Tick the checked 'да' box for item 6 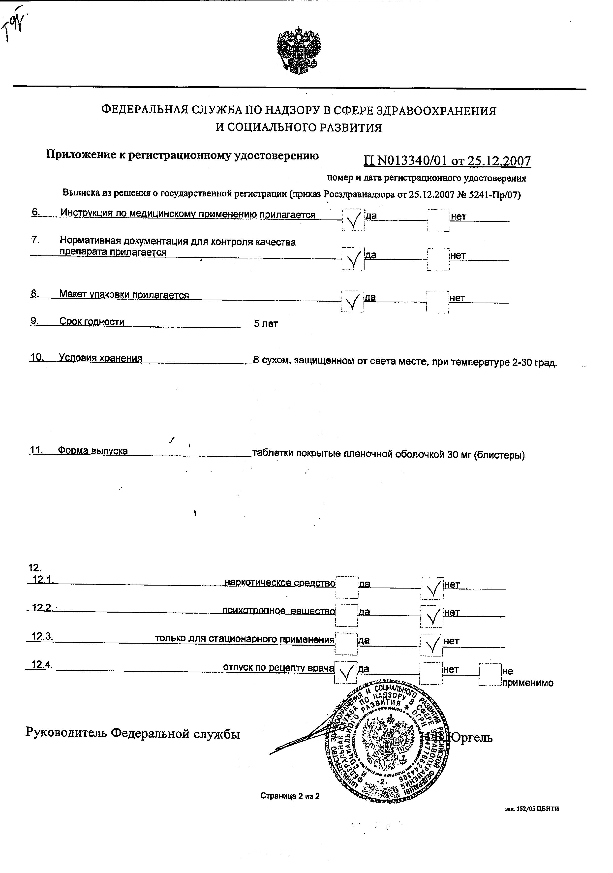pyautogui.click(x=353, y=220)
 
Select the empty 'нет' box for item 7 pyautogui.click(x=438, y=259)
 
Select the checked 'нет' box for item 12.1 pyautogui.click(x=432, y=588)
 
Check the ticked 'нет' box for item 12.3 pyautogui.click(x=432, y=645)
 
